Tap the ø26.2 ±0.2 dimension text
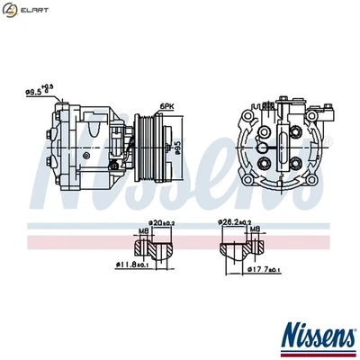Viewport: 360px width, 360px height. pos(233,222)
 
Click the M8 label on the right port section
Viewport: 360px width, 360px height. pos(256,229)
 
